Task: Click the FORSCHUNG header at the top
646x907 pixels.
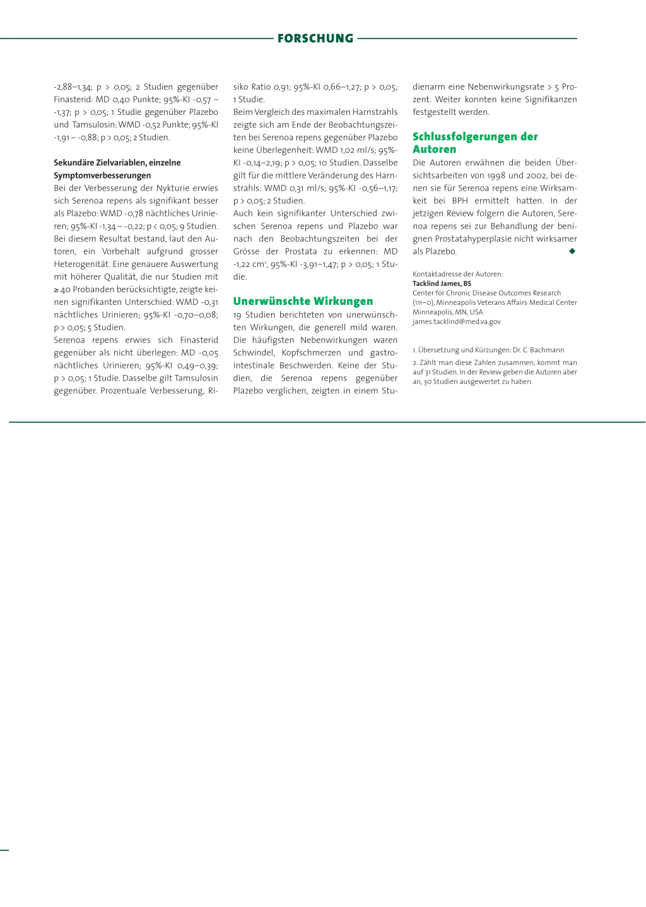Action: [x=315, y=39]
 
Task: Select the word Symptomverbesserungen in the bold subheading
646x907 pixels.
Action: [x=102, y=175]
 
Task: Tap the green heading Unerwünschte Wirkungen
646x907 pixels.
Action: [x=303, y=301]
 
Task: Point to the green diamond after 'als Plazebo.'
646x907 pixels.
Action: [x=572, y=251]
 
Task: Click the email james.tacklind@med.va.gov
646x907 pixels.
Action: [x=457, y=321]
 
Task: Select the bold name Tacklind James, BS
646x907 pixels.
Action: [x=442, y=283]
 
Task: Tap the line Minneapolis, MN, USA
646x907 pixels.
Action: [x=448, y=312]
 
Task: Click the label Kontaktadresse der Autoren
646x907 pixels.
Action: [x=457, y=274]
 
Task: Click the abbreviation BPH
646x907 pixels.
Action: [x=460, y=201]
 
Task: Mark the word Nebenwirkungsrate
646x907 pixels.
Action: [x=505, y=86]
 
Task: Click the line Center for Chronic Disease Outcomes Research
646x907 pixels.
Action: [x=486, y=293]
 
